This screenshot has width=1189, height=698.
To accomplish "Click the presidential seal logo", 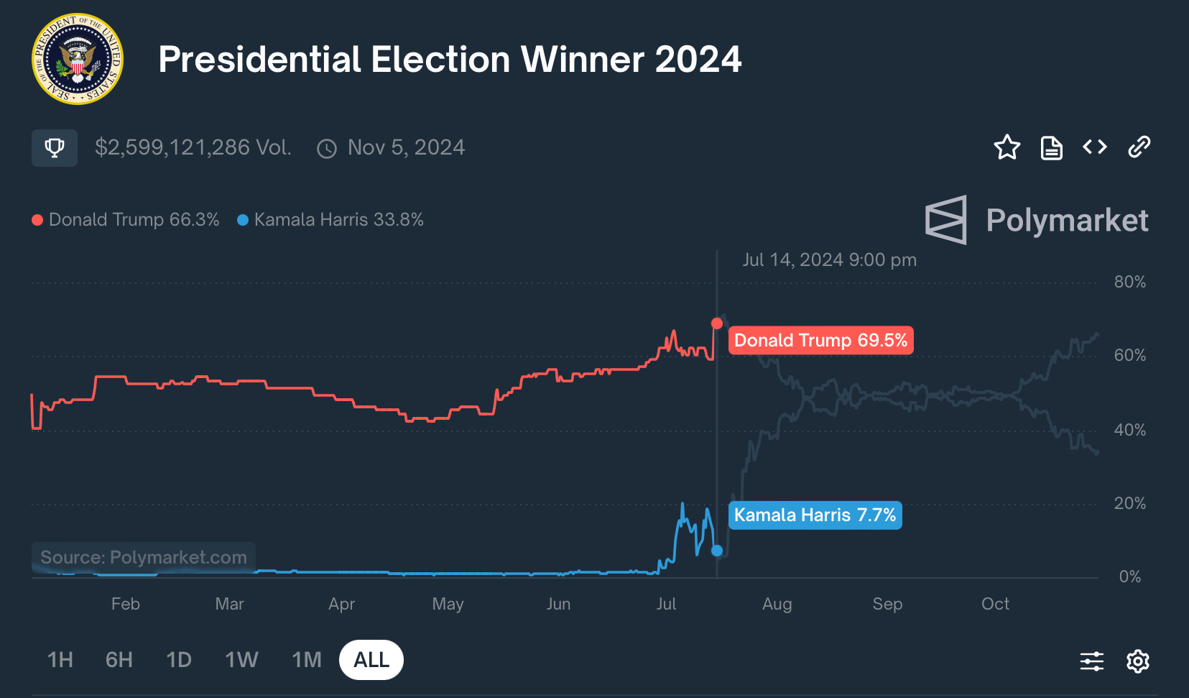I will pyautogui.click(x=78, y=59).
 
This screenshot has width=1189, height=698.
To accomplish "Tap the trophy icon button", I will pyautogui.click(x=55, y=148).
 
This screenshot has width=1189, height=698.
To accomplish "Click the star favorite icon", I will pyautogui.click(x=1007, y=147).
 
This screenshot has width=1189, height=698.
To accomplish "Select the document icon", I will pyautogui.click(x=1051, y=147).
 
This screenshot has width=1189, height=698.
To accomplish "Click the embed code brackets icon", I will pyautogui.click(x=1095, y=147).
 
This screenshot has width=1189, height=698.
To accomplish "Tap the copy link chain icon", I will pyautogui.click(x=1139, y=147).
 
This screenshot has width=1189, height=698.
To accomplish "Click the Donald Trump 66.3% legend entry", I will pyautogui.click(x=126, y=220).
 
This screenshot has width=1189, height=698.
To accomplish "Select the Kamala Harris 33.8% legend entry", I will pyautogui.click(x=331, y=220).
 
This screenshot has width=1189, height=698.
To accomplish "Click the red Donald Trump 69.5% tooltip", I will pyautogui.click(x=820, y=340).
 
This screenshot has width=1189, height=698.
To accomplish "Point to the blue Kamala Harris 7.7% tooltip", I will pyautogui.click(x=815, y=515).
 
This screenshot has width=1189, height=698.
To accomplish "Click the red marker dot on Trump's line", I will pyautogui.click(x=717, y=323).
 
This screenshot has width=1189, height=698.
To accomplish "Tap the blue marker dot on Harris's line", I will pyautogui.click(x=717, y=551).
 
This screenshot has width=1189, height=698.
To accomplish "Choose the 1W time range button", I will pyautogui.click(x=241, y=660).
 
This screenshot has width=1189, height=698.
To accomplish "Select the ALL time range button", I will pyautogui.click(x=371, y=660).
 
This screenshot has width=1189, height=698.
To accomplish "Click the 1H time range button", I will pyautogui.click(x=60, y=660).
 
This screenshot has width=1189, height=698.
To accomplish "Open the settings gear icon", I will pyautogui.click(x=1138, y=661).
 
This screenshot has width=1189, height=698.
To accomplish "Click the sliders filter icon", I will pyautogui.click(x=1092, y=661).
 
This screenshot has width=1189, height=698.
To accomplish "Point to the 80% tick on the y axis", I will pyautogui.click(x=1129, y=282).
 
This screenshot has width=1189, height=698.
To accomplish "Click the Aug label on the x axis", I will pyautogui.click(x=777, y=604).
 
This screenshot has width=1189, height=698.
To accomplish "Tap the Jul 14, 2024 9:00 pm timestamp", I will pyautogui.click(x=829, y=260).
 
